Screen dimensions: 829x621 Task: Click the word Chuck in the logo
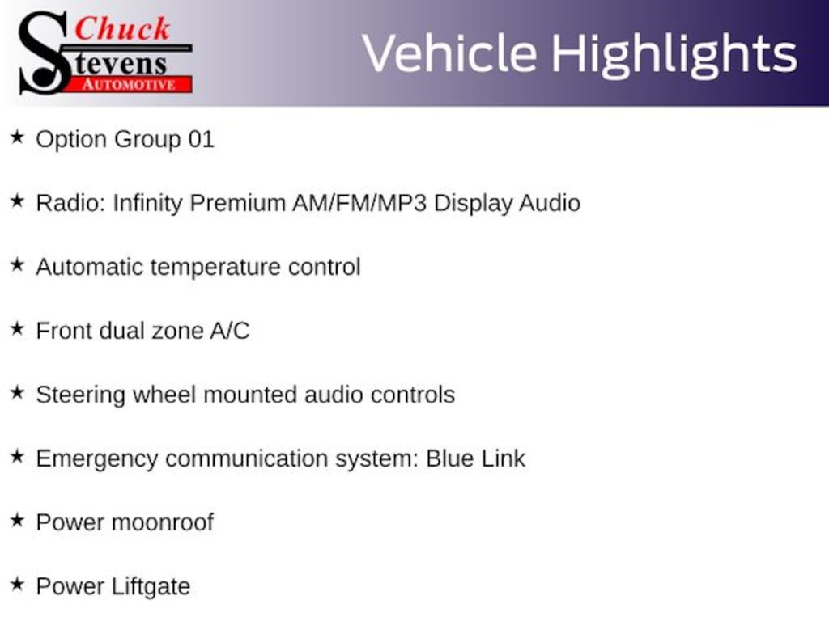122,28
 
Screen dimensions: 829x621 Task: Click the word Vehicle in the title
449,53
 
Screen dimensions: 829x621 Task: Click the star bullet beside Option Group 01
18,137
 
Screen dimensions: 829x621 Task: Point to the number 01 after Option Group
202,139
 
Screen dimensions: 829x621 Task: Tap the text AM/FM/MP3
359,203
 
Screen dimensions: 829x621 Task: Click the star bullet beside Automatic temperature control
18,265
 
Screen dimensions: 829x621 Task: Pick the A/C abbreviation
229,331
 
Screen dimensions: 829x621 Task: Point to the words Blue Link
475,458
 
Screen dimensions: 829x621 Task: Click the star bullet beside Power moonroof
18,521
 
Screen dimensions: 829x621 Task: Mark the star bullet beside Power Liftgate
18,585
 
